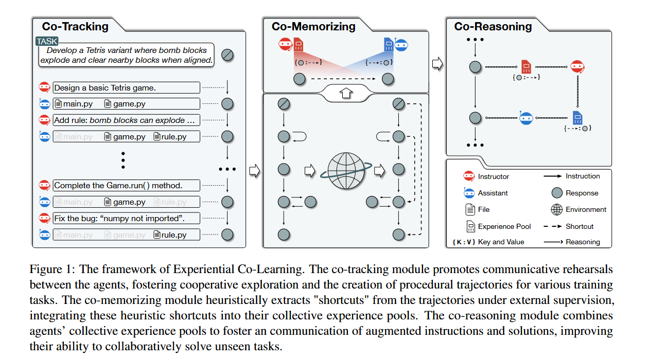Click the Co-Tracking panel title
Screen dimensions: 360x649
point(75,26)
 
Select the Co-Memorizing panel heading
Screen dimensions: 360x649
point(313,26)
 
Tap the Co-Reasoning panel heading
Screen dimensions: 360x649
point(493,26)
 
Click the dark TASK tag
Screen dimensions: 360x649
point(47,41)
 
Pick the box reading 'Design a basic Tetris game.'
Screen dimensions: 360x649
point(126,87)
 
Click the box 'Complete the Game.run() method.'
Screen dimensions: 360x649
point(126,185)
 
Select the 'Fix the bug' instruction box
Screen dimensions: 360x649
point(126,218)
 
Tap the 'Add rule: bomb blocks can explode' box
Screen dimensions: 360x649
point(126,120)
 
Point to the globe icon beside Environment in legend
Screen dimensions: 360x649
point(556,209)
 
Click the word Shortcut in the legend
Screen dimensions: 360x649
point(580,226)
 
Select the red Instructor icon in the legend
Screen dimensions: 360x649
point(469,176)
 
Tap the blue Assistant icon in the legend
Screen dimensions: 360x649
point(469,193)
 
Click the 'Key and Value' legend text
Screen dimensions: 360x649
point(501,242)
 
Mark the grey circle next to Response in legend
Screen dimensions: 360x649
point(556,193)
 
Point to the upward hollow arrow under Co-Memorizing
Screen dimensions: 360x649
point(345,93)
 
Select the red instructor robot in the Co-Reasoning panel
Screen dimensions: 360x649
point(576,66)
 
